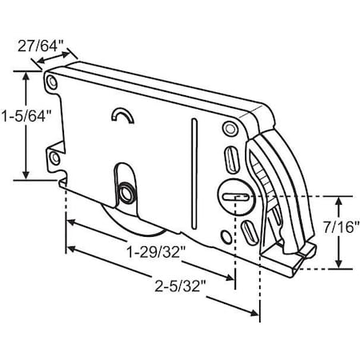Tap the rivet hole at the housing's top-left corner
coord(52,82)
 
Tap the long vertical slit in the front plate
coord(193,172)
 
